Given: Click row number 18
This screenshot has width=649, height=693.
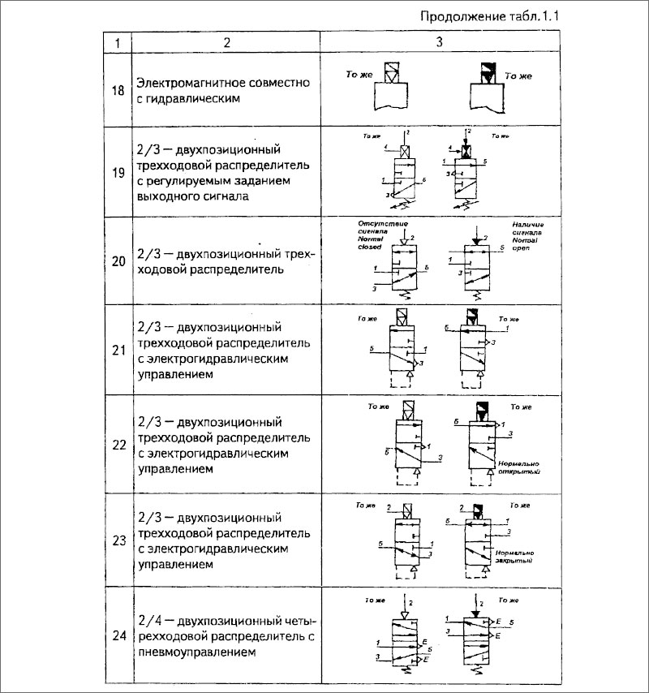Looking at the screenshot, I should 118,90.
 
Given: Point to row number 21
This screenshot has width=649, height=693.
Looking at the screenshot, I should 118,351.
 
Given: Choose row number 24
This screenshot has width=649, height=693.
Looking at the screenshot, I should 118,635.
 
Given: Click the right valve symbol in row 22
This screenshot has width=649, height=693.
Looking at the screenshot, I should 483,446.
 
